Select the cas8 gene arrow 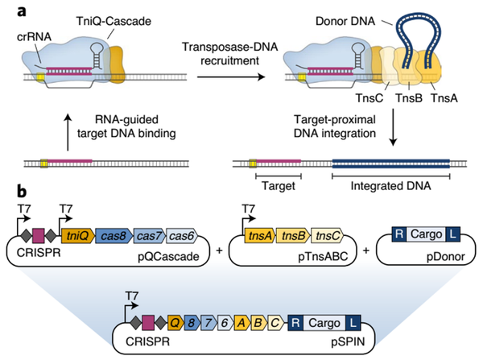114,236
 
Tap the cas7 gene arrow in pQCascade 150,236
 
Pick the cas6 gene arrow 182,236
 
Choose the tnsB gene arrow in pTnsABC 294,236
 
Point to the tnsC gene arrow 327,236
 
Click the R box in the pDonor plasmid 399,234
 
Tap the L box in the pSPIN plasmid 353,323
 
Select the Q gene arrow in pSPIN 175,323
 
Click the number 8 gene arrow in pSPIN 192,323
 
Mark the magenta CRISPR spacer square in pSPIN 148,323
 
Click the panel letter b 22,192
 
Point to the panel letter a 22,11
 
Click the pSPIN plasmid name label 348,341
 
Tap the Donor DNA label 345,21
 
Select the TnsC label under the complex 369,98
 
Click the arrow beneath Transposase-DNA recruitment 231,77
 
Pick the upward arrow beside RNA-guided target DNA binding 68,132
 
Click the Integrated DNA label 390,186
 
